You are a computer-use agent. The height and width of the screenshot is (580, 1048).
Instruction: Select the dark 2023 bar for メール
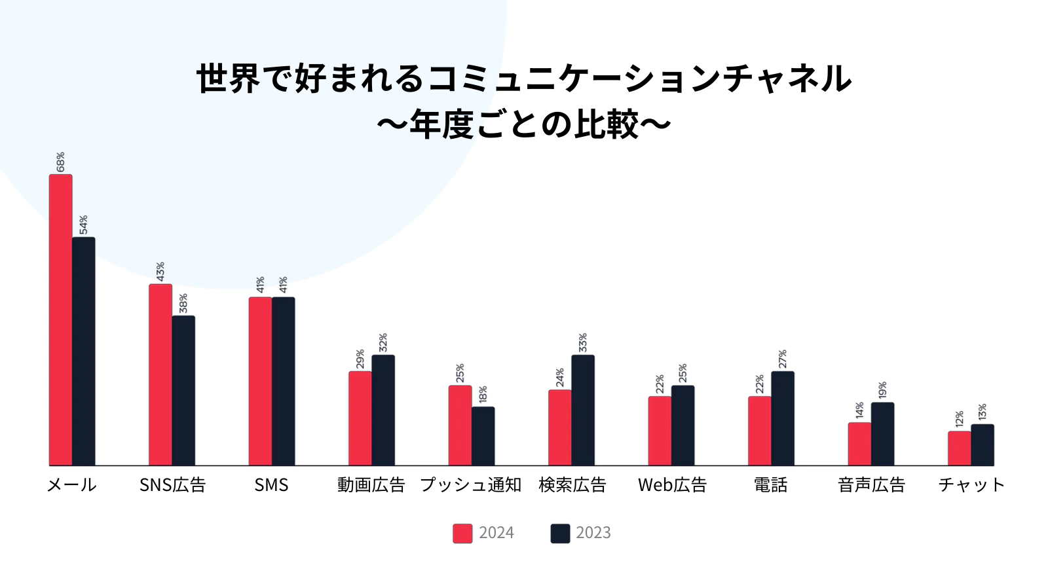83,351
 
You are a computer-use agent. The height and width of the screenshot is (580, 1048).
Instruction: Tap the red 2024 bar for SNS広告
160,374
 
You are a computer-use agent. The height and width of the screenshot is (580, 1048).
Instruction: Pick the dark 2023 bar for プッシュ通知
483,436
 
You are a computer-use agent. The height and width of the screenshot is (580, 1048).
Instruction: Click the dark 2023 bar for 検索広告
583,410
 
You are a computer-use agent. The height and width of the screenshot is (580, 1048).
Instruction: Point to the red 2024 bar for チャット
959,448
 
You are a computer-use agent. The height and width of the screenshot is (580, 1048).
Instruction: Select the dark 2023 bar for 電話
783,418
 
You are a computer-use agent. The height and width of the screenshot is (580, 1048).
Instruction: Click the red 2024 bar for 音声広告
859,444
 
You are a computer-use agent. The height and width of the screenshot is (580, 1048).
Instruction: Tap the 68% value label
60,162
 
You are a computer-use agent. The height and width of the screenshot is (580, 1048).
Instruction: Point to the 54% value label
84,225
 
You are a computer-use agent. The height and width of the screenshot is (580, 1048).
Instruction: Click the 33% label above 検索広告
583,343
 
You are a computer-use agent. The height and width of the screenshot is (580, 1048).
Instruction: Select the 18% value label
483,395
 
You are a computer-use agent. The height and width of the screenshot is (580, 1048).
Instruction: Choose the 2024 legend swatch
462,534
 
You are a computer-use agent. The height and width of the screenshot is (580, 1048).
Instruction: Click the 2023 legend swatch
560,534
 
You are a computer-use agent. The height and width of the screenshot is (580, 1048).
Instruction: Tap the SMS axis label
271,485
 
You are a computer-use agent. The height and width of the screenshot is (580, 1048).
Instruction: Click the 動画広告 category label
371,485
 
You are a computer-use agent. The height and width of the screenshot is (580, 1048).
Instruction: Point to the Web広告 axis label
672,485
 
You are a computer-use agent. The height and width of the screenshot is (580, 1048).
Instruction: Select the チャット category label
971,485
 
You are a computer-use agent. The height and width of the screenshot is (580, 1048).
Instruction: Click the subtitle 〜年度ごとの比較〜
524,124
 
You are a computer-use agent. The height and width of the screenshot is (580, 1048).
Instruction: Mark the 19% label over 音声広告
883,390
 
